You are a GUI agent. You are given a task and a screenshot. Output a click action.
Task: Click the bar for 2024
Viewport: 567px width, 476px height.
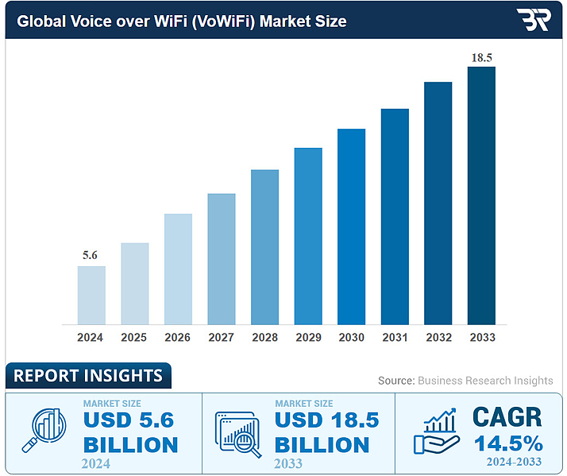click(x=91, y=295)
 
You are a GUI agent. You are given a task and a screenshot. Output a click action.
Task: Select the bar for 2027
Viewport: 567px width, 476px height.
click(x=222, y=259)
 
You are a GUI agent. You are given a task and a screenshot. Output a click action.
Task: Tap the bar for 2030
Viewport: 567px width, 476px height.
click(x=351, y=226)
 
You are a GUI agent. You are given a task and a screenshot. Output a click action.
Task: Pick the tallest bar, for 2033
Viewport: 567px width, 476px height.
click(x=481, y=195)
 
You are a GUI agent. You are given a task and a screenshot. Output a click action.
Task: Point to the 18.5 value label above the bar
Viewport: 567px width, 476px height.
click(x=481, y=56)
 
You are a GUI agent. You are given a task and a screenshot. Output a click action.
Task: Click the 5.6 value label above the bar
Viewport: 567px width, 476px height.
click(x=91, y=255)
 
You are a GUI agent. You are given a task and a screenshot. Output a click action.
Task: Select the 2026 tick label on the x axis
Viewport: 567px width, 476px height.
click(x=178, y=338)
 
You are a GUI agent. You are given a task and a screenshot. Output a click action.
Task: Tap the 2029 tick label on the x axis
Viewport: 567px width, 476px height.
click(x=308, y=338)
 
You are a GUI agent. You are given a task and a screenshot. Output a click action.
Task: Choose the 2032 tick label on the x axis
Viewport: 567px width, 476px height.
click(x=438, y=338)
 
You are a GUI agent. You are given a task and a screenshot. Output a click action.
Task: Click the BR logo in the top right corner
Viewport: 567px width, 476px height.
click(x=531, y=20)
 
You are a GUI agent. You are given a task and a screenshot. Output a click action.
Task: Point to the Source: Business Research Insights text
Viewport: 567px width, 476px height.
click(x=465, y=381)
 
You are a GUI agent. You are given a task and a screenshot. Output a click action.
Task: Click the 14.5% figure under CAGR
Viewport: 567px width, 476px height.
click(x=507, y=442)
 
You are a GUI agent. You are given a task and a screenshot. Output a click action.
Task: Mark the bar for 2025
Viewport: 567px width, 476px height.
click(x=135, y=284)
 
